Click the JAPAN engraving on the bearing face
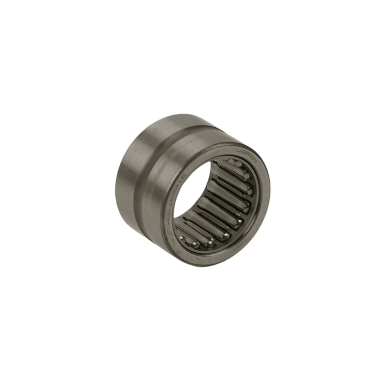247,155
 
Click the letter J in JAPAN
239,150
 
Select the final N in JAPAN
255,161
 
